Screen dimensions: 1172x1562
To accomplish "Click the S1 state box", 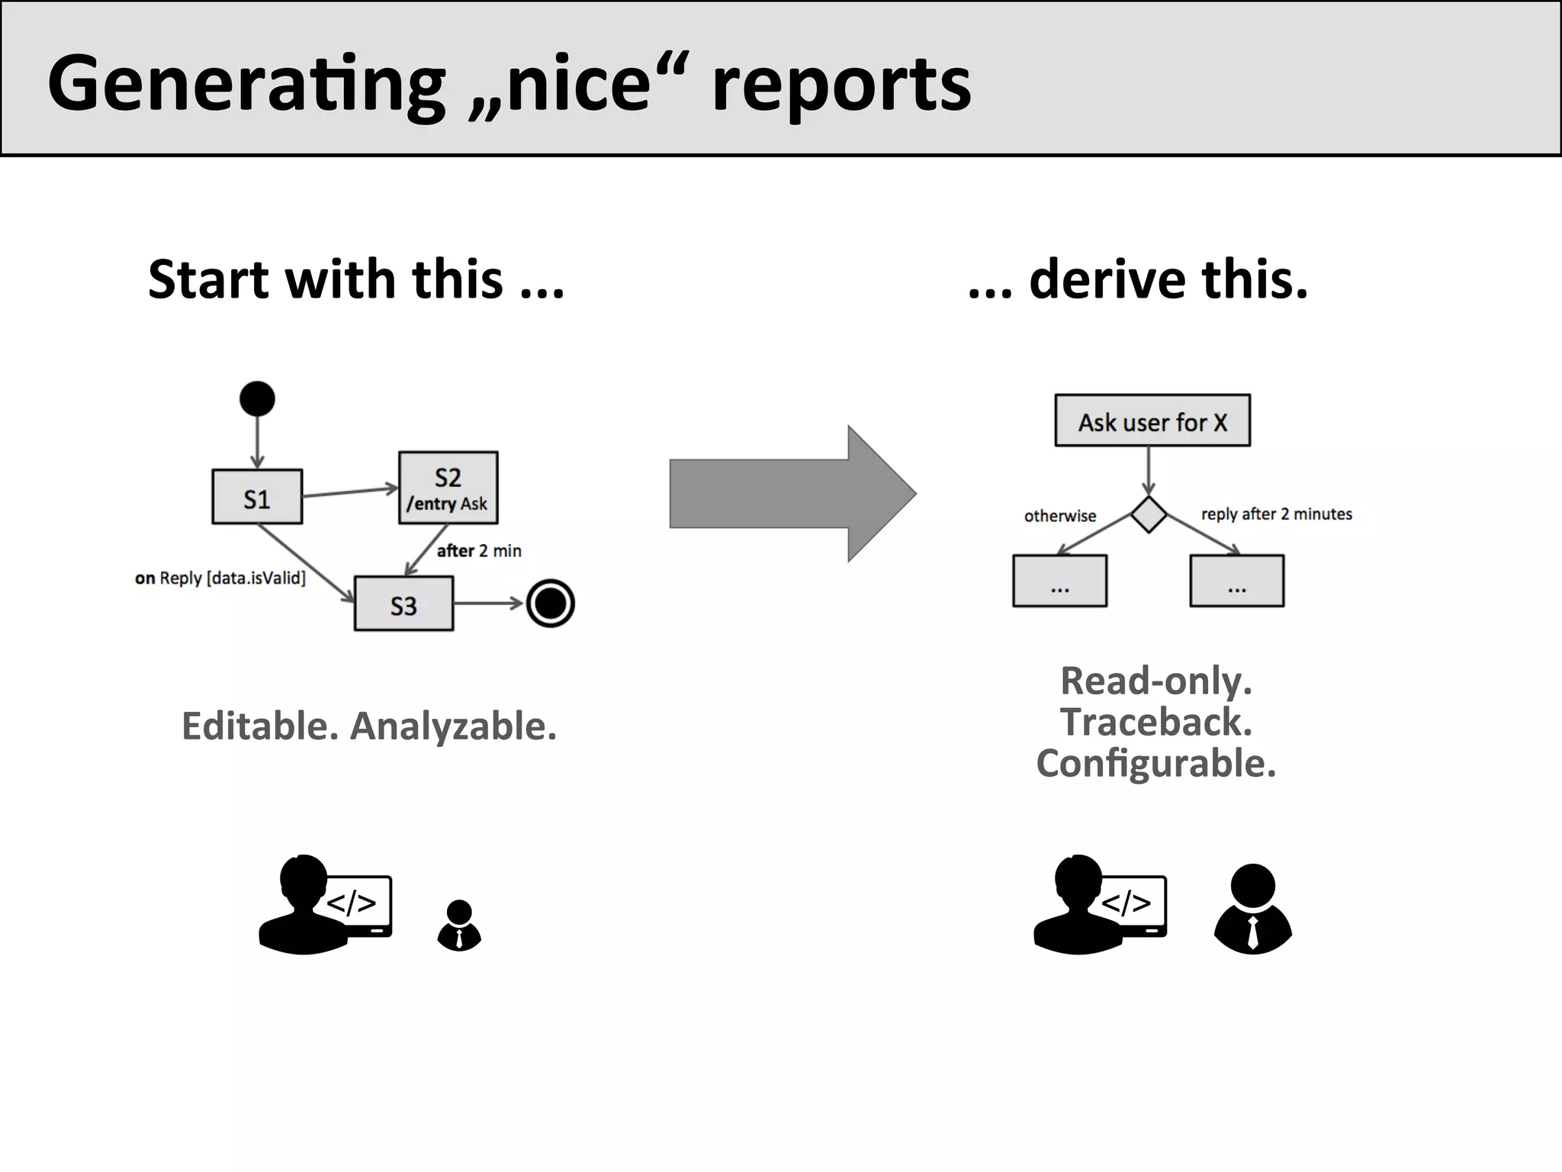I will (x=257, y=497).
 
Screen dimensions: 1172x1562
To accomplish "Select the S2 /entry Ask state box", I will (x=448, y=488).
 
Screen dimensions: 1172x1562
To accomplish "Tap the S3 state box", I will (x=403, y=604).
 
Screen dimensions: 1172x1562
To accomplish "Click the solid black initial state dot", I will (x=257, y=398).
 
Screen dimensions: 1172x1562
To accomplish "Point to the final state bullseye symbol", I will (x=550, y=604).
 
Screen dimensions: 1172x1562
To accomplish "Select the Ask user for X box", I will (x=1152, y=420).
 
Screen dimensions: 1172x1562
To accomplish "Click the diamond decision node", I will (x=1148, y=514).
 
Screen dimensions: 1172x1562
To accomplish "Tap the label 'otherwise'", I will (x=1059, y=517).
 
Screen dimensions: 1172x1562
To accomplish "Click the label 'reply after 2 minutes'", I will (x=1276, y=514).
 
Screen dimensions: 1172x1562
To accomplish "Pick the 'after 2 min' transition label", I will (x=479, y=551).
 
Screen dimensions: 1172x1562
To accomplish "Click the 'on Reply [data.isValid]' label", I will (x=220, y=578).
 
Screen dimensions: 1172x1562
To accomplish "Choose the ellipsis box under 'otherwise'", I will (x=1059, y=581).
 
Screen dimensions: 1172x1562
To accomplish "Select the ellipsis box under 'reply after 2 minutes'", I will (x=1236, y=581).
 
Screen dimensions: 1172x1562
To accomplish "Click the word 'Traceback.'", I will (x=1155, y=722).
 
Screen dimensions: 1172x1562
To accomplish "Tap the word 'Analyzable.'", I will (x=453, y=726).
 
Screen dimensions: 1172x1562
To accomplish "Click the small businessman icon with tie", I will (x=459, y=925).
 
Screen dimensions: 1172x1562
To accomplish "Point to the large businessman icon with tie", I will (x=1252, y=909).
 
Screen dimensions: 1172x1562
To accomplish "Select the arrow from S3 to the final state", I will (x=488, y=604).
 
